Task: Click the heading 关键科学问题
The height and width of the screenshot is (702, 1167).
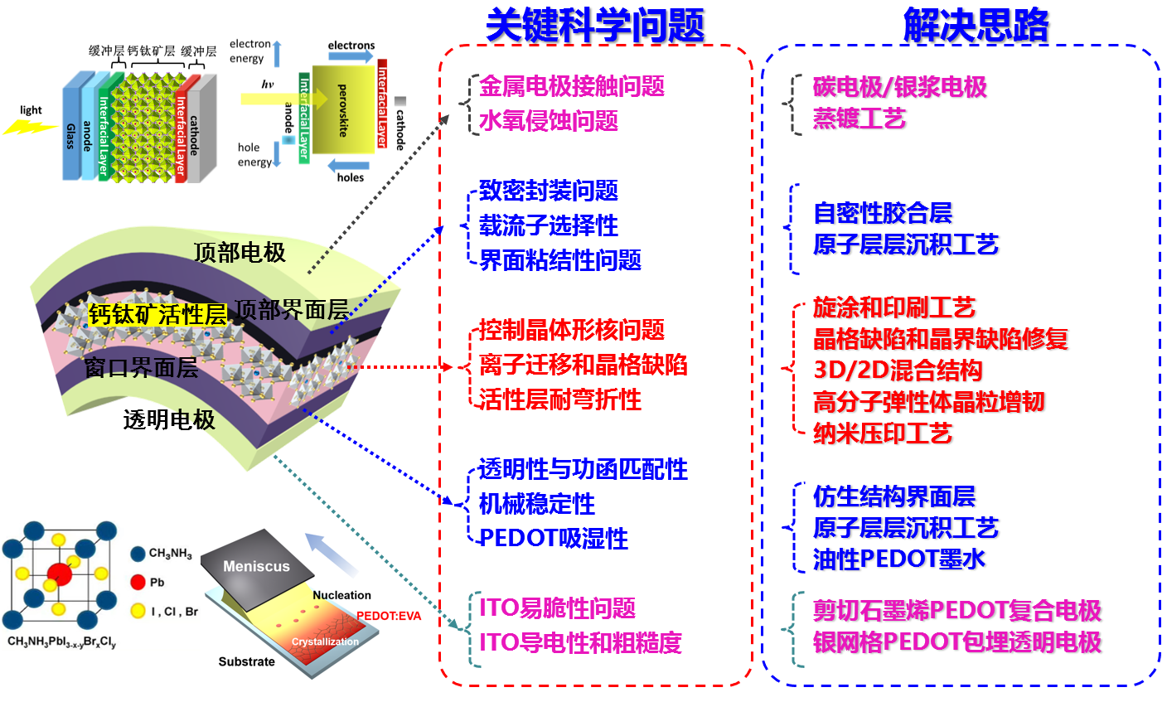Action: [594, 25]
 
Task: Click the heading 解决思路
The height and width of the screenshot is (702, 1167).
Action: [976, 25]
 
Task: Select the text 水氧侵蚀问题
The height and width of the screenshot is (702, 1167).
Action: [549, 121]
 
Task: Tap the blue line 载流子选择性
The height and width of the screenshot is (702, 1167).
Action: [549, 225]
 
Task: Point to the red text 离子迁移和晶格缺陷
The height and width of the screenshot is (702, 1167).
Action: [583, 365]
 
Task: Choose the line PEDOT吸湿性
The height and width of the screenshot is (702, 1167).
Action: [554, 539]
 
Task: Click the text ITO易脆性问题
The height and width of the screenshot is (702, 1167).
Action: [557, 608]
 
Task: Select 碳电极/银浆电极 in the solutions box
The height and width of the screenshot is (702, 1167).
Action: [899, 87]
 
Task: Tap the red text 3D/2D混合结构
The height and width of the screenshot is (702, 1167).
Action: [898, 370]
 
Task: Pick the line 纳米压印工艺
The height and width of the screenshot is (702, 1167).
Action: [882, 433]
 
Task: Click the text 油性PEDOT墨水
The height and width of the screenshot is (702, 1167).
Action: [899, 559]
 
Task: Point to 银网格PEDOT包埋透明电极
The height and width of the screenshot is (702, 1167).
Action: [956, 642]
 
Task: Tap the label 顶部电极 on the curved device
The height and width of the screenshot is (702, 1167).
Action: [240, 253]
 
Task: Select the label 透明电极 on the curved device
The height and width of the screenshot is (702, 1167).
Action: [169, 420]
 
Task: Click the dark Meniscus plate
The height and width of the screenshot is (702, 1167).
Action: [257, 565]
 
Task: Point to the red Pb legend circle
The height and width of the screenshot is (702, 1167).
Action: [138, 582]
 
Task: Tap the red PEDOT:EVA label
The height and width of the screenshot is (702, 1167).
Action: [389, 616]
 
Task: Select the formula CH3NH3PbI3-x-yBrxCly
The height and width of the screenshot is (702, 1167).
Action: [62, 642]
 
